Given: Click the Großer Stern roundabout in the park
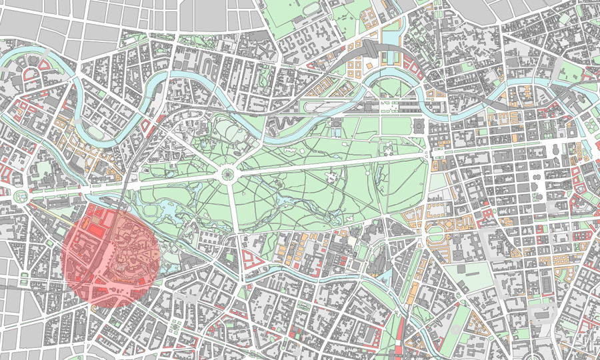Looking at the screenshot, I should (227, 175).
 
